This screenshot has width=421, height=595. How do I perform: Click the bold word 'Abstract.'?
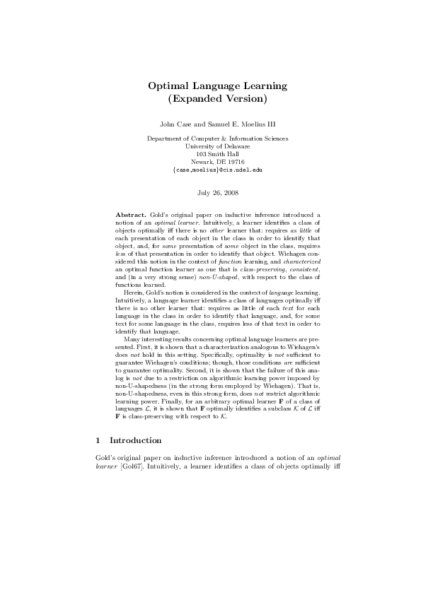point(129,214)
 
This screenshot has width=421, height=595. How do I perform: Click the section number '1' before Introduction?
point(98,440)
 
